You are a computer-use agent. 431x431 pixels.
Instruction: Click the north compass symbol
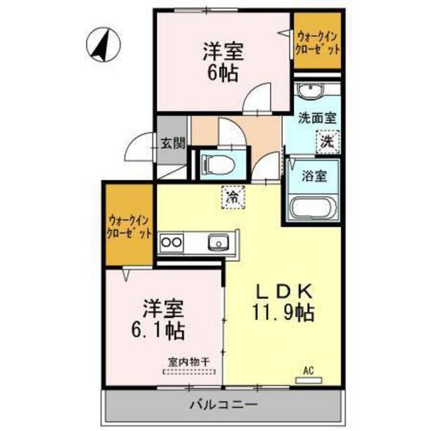click(x=103, y=44)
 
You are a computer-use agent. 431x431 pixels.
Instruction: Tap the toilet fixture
click(x=218, y=165)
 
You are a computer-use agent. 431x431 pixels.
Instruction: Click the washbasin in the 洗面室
click(x=310, y=90)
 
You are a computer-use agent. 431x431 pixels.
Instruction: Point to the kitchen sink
click(x=218, y=242)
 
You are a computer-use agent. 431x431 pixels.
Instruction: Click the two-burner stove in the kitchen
click(x=172, y=242)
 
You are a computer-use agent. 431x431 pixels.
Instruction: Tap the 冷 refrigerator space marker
click(x=233, y=197)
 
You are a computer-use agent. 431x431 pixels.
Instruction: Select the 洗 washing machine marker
click(x=328, y=142)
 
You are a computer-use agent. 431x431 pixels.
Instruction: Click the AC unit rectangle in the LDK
click(x=308, y=380)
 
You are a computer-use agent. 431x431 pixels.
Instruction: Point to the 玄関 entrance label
click(x=172, y=143)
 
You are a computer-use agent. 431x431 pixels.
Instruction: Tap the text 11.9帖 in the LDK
click(x=284, y=313)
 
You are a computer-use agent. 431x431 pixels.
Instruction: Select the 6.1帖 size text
click(x=158, y=331)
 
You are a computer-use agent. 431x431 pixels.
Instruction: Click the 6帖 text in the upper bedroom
click(x=223, y=73)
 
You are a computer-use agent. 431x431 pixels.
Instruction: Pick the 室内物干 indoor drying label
click(x=189, y=362)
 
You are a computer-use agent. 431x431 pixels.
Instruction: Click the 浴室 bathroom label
click(x=314, y=176)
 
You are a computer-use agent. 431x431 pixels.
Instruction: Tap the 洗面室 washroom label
click(x=317, y=119)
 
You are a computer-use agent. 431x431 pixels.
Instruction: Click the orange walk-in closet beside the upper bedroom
click(x=317, y=40)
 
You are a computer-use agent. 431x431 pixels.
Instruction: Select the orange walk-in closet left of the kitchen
click(x=129, y=225)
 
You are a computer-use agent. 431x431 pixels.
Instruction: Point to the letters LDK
click(x=284, y=292)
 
